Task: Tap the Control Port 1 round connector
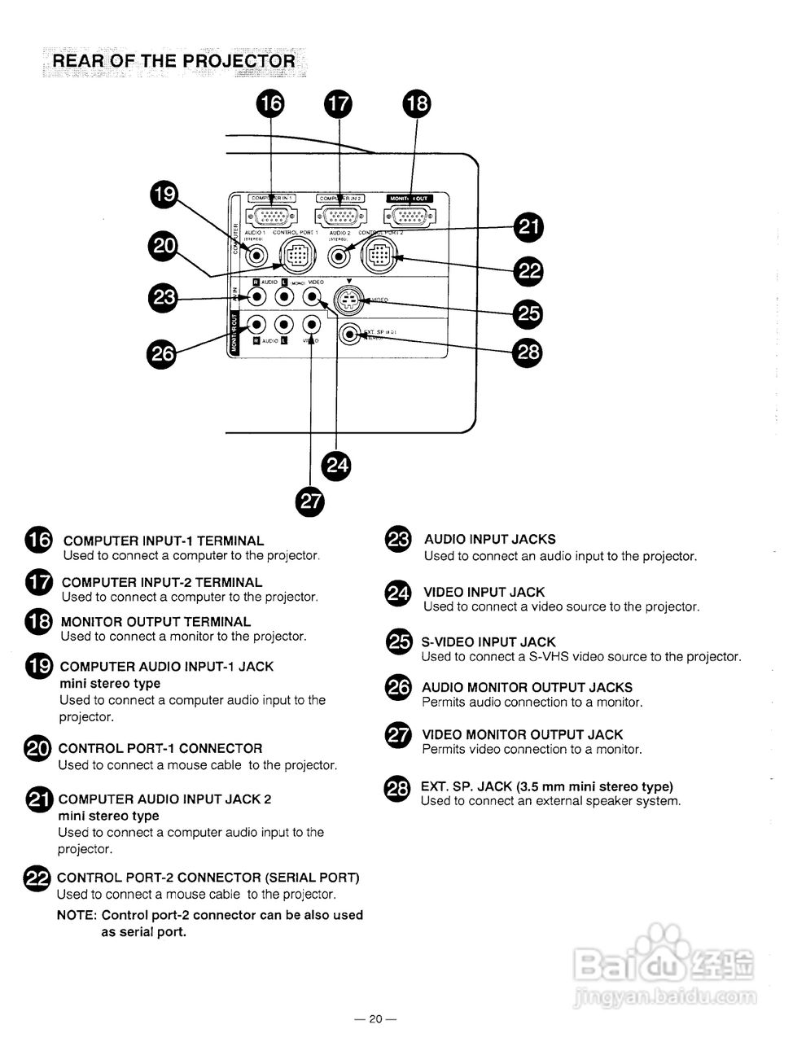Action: point(292,256)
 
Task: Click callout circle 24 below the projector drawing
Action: point(337,465)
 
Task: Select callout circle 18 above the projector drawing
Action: point(417,103)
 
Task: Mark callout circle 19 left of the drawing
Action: point(164,194)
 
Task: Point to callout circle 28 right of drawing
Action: point(528,352)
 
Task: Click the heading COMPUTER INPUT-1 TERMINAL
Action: point(164,541)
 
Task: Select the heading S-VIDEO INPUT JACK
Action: point(488,642)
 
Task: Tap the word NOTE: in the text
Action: point(77,915)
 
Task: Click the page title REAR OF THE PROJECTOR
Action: point(173,61)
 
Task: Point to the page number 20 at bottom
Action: point(375,1018)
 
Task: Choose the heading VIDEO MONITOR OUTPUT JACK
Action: point(522,734)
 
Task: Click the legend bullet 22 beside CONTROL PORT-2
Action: point(38,878)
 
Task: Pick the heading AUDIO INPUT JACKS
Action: point(490,539)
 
